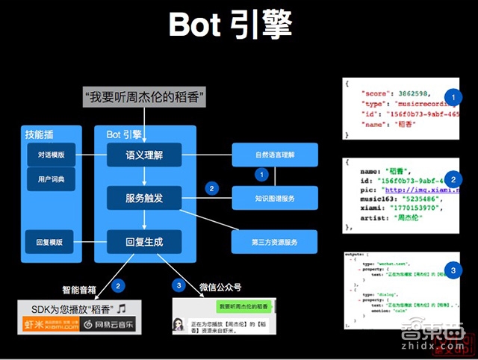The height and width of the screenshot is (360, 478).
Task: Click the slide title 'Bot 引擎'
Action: click(230, 25)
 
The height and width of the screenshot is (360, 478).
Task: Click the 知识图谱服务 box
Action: click(274, 198)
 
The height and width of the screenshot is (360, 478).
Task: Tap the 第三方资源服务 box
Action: click(274, 242)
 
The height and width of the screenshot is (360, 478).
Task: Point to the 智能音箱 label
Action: click(82, 288)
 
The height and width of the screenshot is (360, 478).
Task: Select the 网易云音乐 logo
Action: click(108, 324)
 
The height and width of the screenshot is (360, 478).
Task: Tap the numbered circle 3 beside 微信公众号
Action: click(178, 285)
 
